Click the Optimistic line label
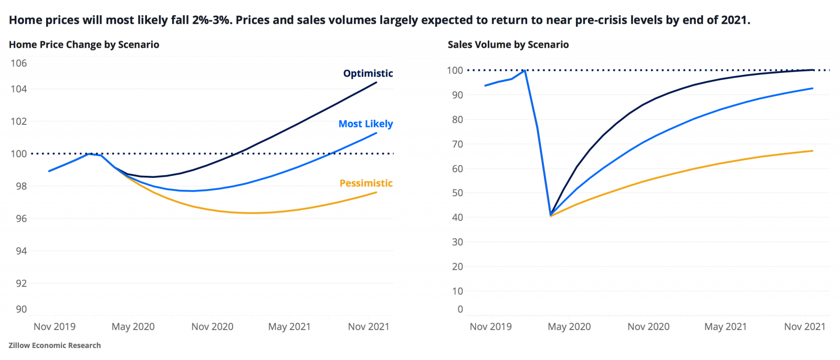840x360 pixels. pyautogui.click(x=367, y=73)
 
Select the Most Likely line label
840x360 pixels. pyautogui.click(x=365, y=124)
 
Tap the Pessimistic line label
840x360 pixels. pyautogui.click(x=366, y=183)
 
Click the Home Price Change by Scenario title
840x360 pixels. pyautogui.click(x=84, y=45)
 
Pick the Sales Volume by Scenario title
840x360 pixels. pyautogui.click(x=508, y=45)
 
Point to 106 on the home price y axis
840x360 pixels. pyautogui.click(x=18, y=63)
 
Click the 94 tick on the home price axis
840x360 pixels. pyautogui.click(x=20, y=251)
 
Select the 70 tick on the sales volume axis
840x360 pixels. pyautogui.click(x=457, y=144)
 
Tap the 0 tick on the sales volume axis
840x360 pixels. pyautogui.click(x=460, y=309)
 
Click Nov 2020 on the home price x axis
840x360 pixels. pyautogui.click(x=212, y=326)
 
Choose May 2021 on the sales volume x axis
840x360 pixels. pyautogui.click(x=725, y=326)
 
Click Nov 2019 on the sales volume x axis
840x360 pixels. pyautogui.click(x=490, y=326)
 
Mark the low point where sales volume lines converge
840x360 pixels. pyautogui.click(x=550, y=215)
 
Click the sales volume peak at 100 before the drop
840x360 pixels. pyautogui.click(x=524, y=70)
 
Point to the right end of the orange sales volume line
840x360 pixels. pyautogui.click(x=813, y=151)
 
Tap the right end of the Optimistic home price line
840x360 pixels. pyautogui.click(x=376, y=82)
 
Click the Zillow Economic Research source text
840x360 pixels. pyautogui.click(x=55, y=345)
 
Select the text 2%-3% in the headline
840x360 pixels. pyautogui.click(x=212, y=20)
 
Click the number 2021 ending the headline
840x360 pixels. pyautogui.click(x=734, y=20)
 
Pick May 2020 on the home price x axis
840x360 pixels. pyautogui.click(x=133, y=326)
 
